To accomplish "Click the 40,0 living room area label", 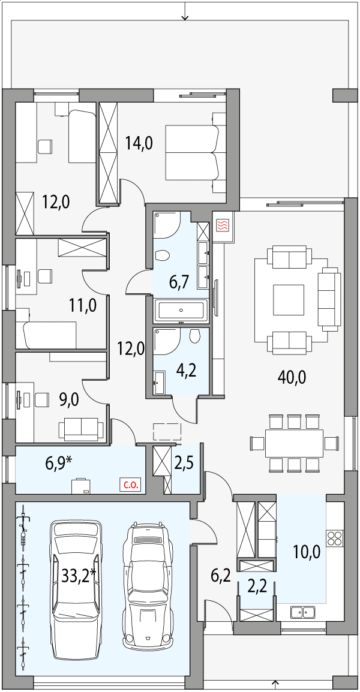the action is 292,377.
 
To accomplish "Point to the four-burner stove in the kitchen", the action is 334,538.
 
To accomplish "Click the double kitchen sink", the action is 302,612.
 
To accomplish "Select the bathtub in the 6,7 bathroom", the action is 181,310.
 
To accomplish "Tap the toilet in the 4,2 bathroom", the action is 195,336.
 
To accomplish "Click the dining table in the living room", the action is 294,443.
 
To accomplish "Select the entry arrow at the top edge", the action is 185,11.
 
